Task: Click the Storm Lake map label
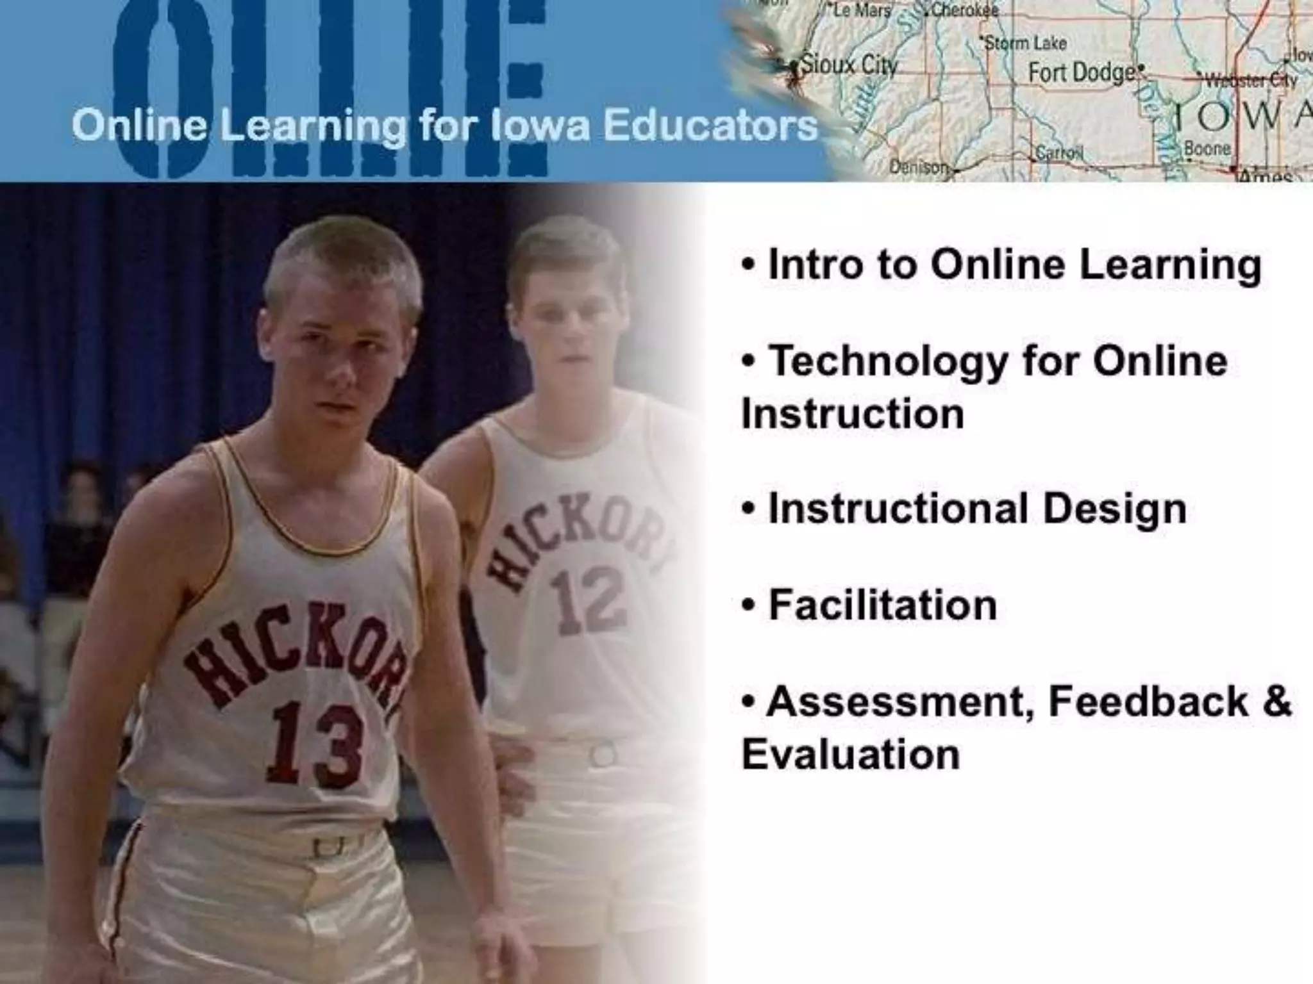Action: (1025, 44)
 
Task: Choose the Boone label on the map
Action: (1207, 148)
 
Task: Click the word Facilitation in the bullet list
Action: (882, 605)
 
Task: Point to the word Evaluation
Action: (851, 754)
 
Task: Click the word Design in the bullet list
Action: (1114, 509)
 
